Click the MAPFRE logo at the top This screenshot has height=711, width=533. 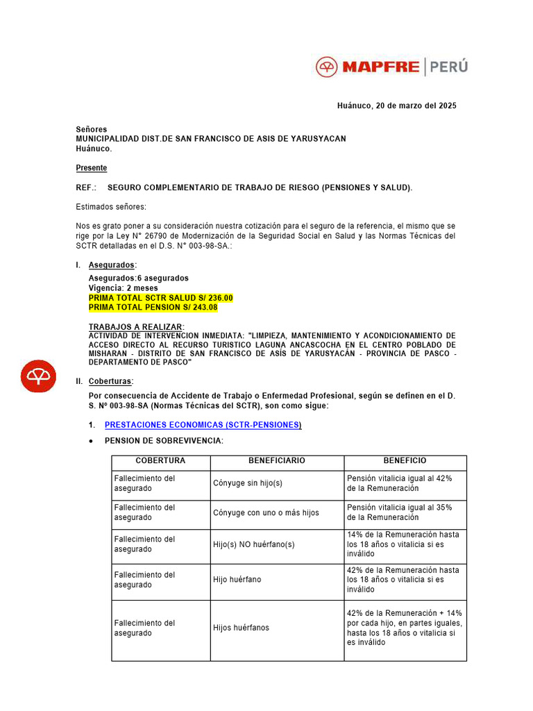click(368, 67)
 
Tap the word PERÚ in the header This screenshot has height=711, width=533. click(448, 67)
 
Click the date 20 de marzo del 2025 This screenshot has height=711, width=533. click(416, 106)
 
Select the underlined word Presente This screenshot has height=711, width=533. click(91, 168)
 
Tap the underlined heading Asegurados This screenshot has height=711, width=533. click(111, 265)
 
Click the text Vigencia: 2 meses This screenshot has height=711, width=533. click(123, 288)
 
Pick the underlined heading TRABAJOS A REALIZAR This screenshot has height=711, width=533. click(136, 326)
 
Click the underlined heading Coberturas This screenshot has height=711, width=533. click(110, 381)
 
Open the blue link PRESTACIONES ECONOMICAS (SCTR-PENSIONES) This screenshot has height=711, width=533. click(203, 425)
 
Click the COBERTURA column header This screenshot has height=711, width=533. click(160, 461)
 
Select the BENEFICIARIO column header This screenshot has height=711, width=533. click(276, 461)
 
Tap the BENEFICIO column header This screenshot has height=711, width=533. click(405, 461)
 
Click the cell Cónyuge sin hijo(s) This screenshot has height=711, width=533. click(248, 483)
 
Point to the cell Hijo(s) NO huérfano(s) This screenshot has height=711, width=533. click(253, 544)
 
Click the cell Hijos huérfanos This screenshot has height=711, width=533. click(241, 628)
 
